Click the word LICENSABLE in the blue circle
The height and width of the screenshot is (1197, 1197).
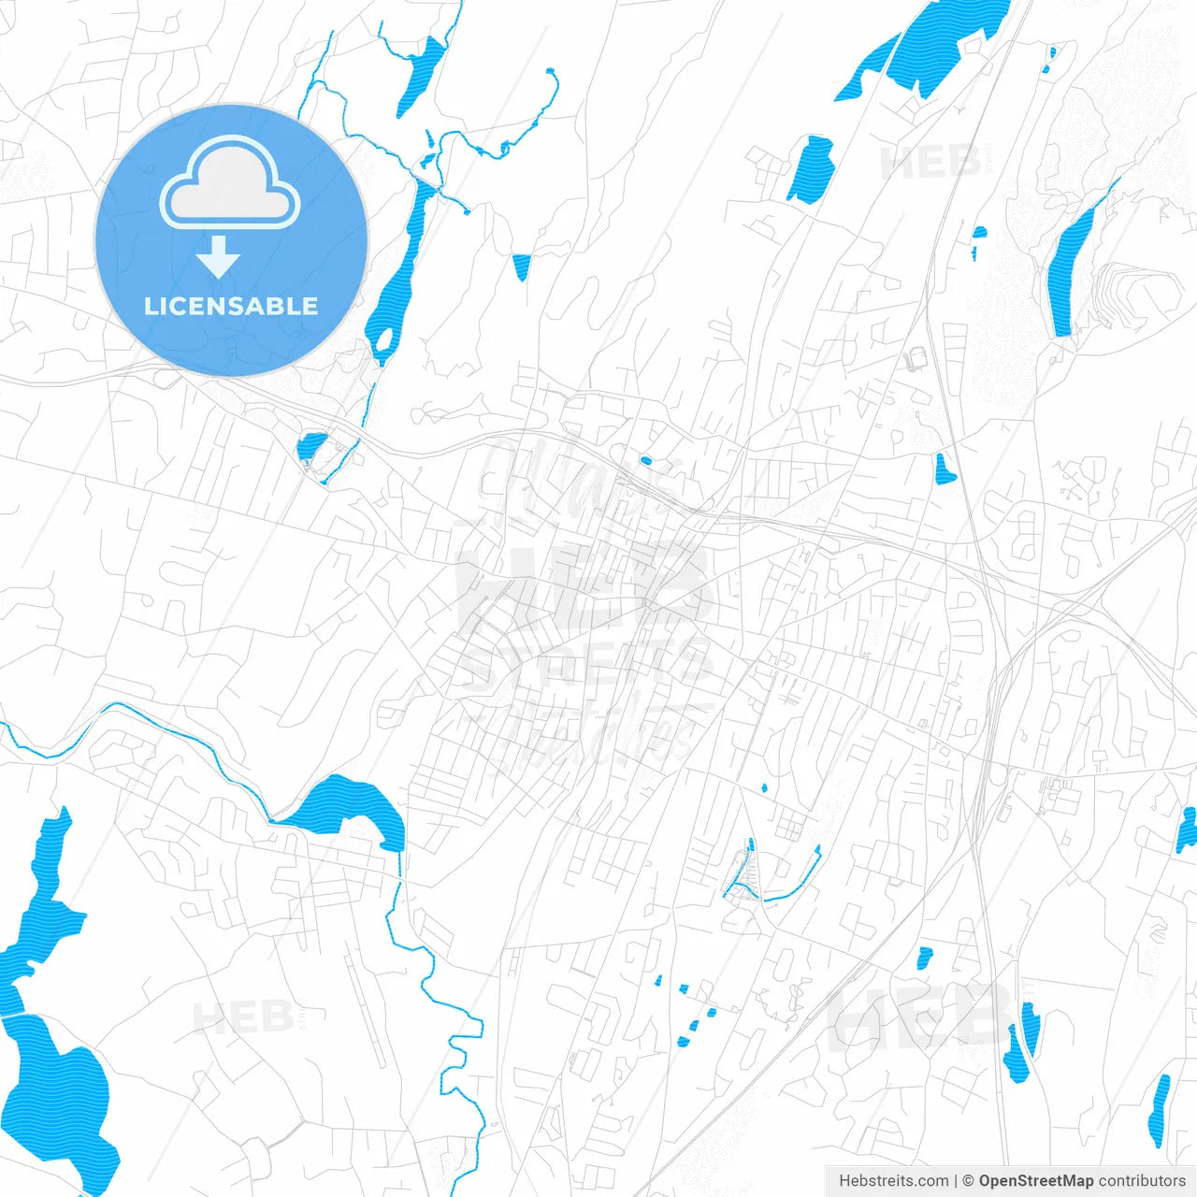pyautogui.click(x=231, y=306)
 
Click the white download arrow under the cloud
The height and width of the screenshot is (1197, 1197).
pyautogui.click(x=219, y=256)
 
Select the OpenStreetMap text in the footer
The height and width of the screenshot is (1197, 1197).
pyautogui.click(x=1035, y=1181)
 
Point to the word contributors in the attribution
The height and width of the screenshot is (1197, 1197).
pyautogui.click(x=1142, y=1181)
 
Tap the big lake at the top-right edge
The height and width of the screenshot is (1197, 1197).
pyautogui.click(x=945, y=42)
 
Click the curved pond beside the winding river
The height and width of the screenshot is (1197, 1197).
pyautogui.click(x=346, y=806)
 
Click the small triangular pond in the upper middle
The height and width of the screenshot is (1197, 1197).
pyautogui.click(x=521, y=267)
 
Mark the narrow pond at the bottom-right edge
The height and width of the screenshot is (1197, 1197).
pyautogui.click(x=1160, y=1108)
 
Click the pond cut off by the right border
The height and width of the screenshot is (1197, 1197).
pyautogui.click(x=1187, y=829)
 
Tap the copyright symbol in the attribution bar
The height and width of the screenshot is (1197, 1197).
pyautogui.click(x=968, y=1181)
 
